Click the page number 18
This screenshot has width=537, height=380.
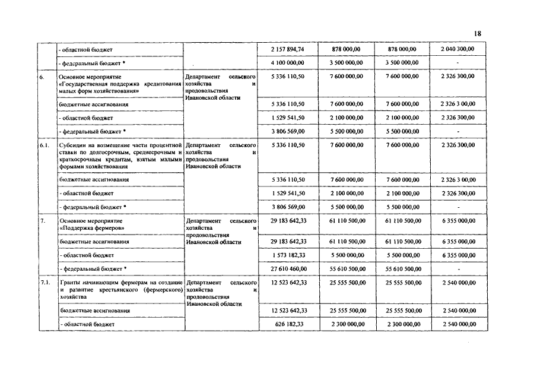[x=478, y=34]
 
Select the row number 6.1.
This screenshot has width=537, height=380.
[x=44, y=145]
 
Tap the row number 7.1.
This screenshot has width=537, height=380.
[x=45, y=282]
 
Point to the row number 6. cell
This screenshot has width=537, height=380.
[x=43, y=77]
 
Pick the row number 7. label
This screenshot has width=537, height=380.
[x=43, y=220]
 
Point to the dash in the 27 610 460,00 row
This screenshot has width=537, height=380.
[x=459, y=269]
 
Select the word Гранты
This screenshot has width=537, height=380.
[x=71, y=282]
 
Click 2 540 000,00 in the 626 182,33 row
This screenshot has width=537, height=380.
[x=459, y=324]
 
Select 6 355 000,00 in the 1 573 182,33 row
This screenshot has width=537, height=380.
[x=459, y=255]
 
